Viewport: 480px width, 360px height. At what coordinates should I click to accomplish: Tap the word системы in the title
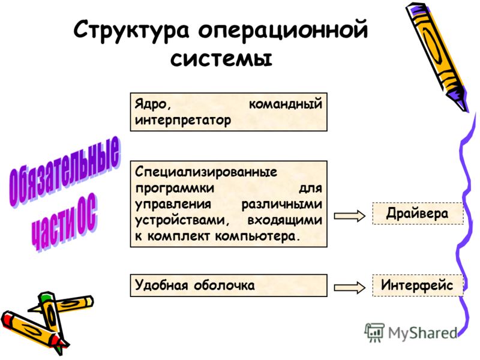[x=221, y=58]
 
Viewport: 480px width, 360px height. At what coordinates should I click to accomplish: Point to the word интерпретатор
[x=183, y=121]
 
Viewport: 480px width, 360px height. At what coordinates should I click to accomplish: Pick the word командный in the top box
[x=286, y=104]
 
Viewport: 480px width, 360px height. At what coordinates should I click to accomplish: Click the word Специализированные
[x=206, y=172]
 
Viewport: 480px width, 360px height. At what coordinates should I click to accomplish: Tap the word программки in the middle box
[x=175, y=188]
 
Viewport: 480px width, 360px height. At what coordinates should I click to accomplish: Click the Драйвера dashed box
[x=418, y=214]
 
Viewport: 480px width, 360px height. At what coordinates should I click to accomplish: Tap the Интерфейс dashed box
[x=418, y=286]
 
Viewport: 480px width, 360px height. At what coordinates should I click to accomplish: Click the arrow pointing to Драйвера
[x=350, y=216]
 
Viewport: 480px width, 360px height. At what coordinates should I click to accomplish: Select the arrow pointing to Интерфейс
[x=350, y=287]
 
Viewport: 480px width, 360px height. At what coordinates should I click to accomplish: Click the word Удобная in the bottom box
[x=161, y=285]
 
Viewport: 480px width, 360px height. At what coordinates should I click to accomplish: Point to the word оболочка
[x=224, y=286]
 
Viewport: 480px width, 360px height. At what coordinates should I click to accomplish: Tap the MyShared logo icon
[x=374, y=332]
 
